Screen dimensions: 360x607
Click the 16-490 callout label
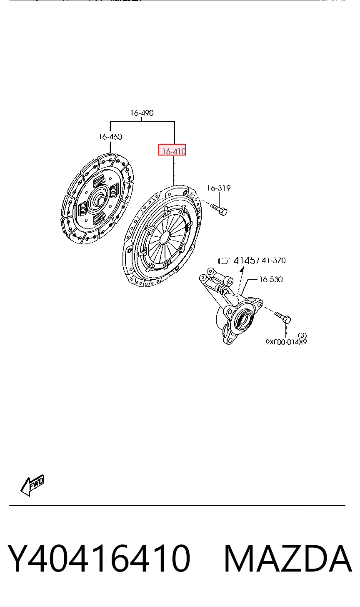(x=142, y=113)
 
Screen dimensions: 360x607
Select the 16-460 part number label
(x=110, y=137)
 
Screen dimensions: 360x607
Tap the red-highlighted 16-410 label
(x=172, y=150)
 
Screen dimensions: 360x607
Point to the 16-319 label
(x=219, y=188)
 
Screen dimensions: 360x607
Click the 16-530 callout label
(x=271, y=279)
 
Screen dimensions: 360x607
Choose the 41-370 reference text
(x=274, y=261)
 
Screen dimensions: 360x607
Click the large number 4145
(x=244, y=261)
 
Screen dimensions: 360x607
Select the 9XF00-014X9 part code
(x=286, y=342)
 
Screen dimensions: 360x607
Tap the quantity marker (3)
(x=302, y=335)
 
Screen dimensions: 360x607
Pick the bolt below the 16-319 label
(x=219, y=210)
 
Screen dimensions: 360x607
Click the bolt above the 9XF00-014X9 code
(x=282, y=317)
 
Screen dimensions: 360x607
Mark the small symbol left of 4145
(x=225, y=261)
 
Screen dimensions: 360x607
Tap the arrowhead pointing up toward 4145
(x=242, y=268)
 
